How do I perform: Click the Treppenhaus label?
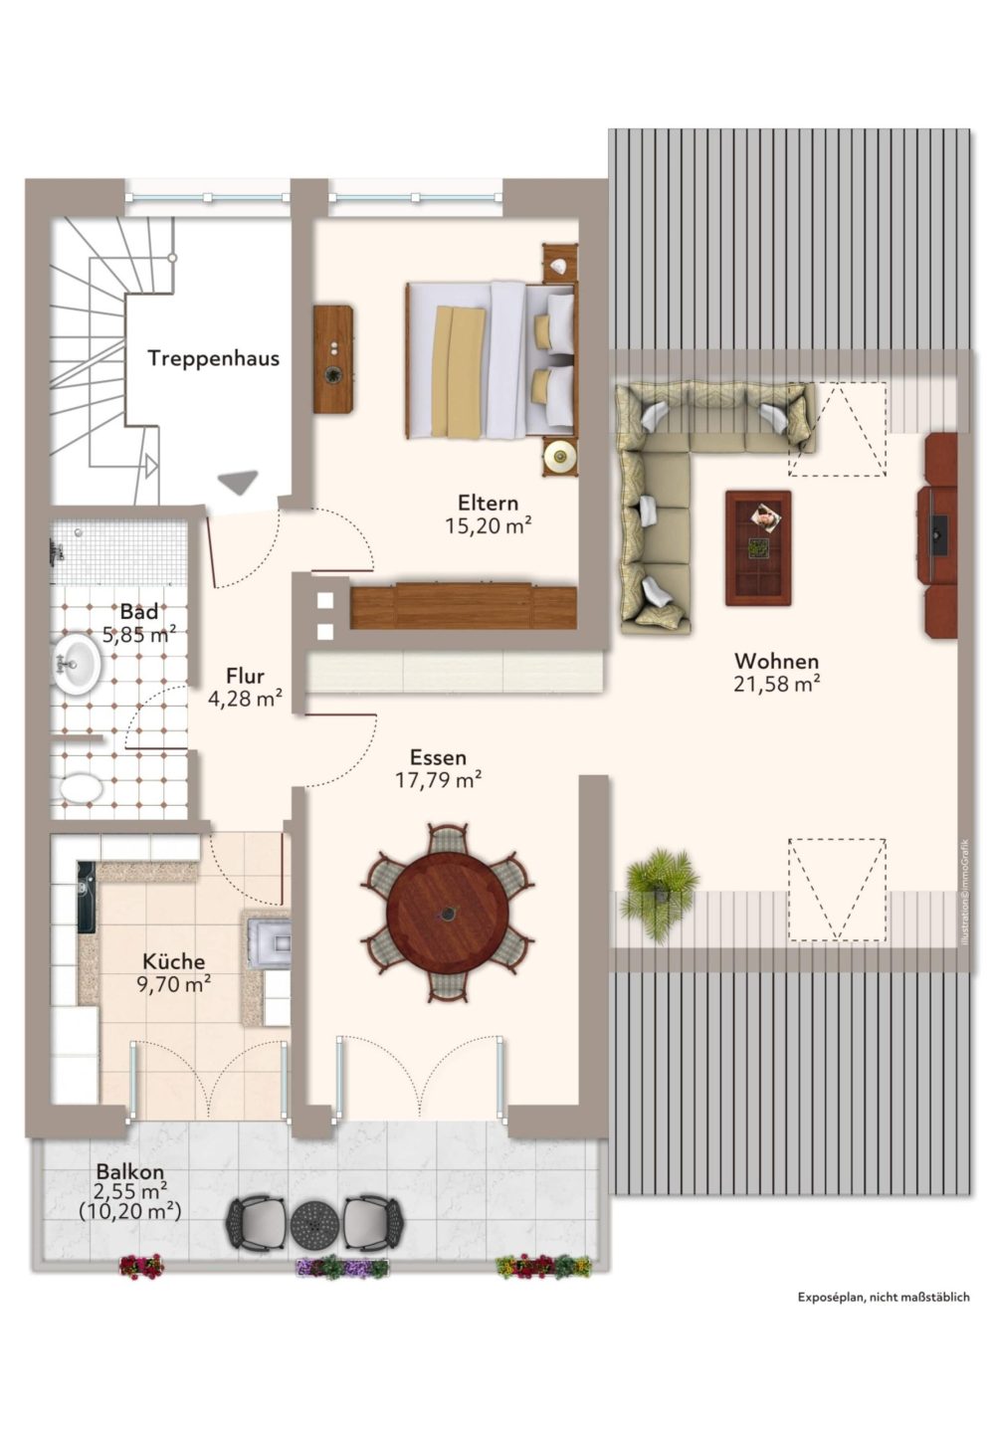click(213, 357)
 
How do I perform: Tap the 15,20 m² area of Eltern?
click(489, 525)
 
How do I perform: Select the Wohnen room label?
click(776, 660)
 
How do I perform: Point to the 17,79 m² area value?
click(438, 780)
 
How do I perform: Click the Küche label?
click(174, 961)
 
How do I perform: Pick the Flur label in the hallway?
click(245, 677)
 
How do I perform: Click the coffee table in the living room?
click(758, 547)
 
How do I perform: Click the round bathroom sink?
click(76, 663)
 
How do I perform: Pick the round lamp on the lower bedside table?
click(560, 456)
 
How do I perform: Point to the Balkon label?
click(130, 1171)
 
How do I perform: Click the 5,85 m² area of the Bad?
click(139, 635)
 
